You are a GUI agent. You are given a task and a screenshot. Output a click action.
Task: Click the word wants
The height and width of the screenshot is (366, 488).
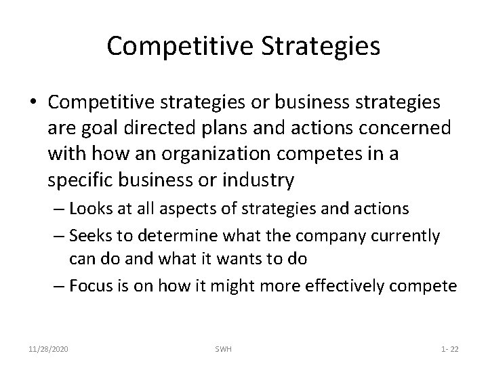pyautogui.click(x=253, y=258)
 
